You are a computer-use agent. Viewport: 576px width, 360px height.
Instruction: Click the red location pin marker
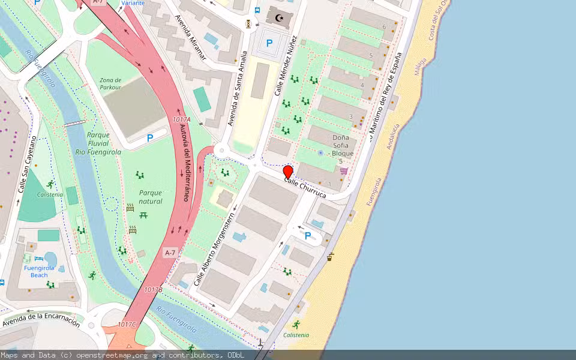pyautogui.click(x=288, y=172)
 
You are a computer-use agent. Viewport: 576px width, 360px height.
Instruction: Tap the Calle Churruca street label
pyautogui.click(x=305, y=188)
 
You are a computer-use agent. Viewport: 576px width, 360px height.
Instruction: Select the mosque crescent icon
pyautogui.click(x=278, y=18)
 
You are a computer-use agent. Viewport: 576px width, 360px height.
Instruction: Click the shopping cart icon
pyautogui.click(x=344, y=171)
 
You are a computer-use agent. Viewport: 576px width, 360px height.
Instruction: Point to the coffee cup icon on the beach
pyautogui.click(x=330, y=257)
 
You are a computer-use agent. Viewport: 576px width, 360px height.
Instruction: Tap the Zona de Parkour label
pyautogui.click(x=110, y=83)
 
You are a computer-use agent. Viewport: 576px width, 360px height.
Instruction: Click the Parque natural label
pyautogui.click(x=151, y=197)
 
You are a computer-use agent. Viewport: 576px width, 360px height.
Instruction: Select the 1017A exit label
pyautogui.click(x=181, y=120)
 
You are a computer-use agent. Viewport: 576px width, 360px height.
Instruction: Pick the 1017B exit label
pyautogui.click(x=153, y=289)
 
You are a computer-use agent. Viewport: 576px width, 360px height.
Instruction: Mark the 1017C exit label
pyautogui.click(x=127, y=325)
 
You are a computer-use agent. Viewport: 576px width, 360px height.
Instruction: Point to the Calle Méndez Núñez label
pyautogui.click(x=286, y=65)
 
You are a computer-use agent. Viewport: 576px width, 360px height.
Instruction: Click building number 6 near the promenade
pyautogui.click(x=384, y=26)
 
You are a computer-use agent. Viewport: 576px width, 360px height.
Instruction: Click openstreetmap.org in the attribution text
pyautogui.click(x=113, y=355)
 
